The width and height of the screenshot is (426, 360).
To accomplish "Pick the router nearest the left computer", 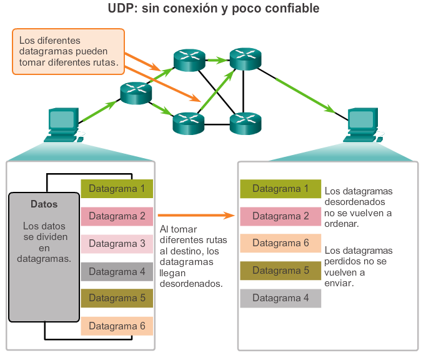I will tap(136, 94).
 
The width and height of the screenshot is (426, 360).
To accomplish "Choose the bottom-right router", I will tap(245, 123).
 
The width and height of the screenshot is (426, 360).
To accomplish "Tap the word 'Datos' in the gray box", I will tap(44, 204).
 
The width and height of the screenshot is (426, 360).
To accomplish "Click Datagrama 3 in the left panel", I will tap(117, 243).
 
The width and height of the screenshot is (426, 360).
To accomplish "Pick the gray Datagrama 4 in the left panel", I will tap(117, 271).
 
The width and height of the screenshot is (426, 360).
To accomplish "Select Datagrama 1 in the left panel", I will tap(117, 188).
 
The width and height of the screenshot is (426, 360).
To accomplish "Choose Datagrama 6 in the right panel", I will tap(280, 243).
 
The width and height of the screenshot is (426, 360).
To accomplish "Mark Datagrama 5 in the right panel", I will tap(280, 271).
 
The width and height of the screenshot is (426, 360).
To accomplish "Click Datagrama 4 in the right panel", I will tap(280, 298).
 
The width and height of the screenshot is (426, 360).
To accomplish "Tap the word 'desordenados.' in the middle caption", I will tap(191, 283).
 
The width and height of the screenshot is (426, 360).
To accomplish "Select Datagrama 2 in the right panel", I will tap(280, 216).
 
